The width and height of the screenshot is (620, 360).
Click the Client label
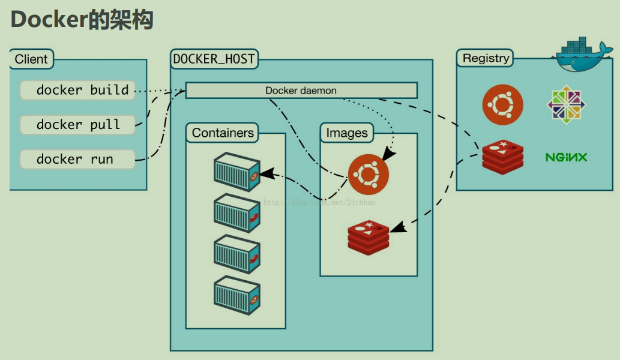[31, 59]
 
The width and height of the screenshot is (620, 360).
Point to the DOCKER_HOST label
[214, 59]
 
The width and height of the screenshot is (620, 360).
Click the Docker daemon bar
[301, 91]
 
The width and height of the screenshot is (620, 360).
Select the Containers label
[223, 133]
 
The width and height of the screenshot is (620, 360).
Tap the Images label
[347, 133]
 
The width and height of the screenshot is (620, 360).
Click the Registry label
[486, 58]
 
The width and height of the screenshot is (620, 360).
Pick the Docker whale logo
[580, 56]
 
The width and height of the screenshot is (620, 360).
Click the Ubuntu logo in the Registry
[502, 105]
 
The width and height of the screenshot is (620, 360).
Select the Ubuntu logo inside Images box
[368, 175]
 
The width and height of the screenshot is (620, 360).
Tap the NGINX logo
[566, 157]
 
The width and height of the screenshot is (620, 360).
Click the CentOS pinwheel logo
[566, 105]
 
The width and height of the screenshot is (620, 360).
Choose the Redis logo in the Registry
[503, 155]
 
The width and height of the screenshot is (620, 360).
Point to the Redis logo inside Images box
[368, 237]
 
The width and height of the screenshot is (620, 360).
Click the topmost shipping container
[236, 172]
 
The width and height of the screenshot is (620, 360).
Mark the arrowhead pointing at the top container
[266, 173]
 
